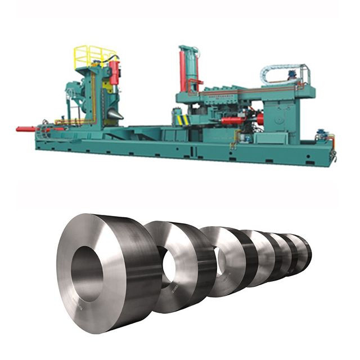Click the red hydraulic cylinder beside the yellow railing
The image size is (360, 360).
(x=114, y=73)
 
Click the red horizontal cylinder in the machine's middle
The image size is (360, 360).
(x=235, y=120)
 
